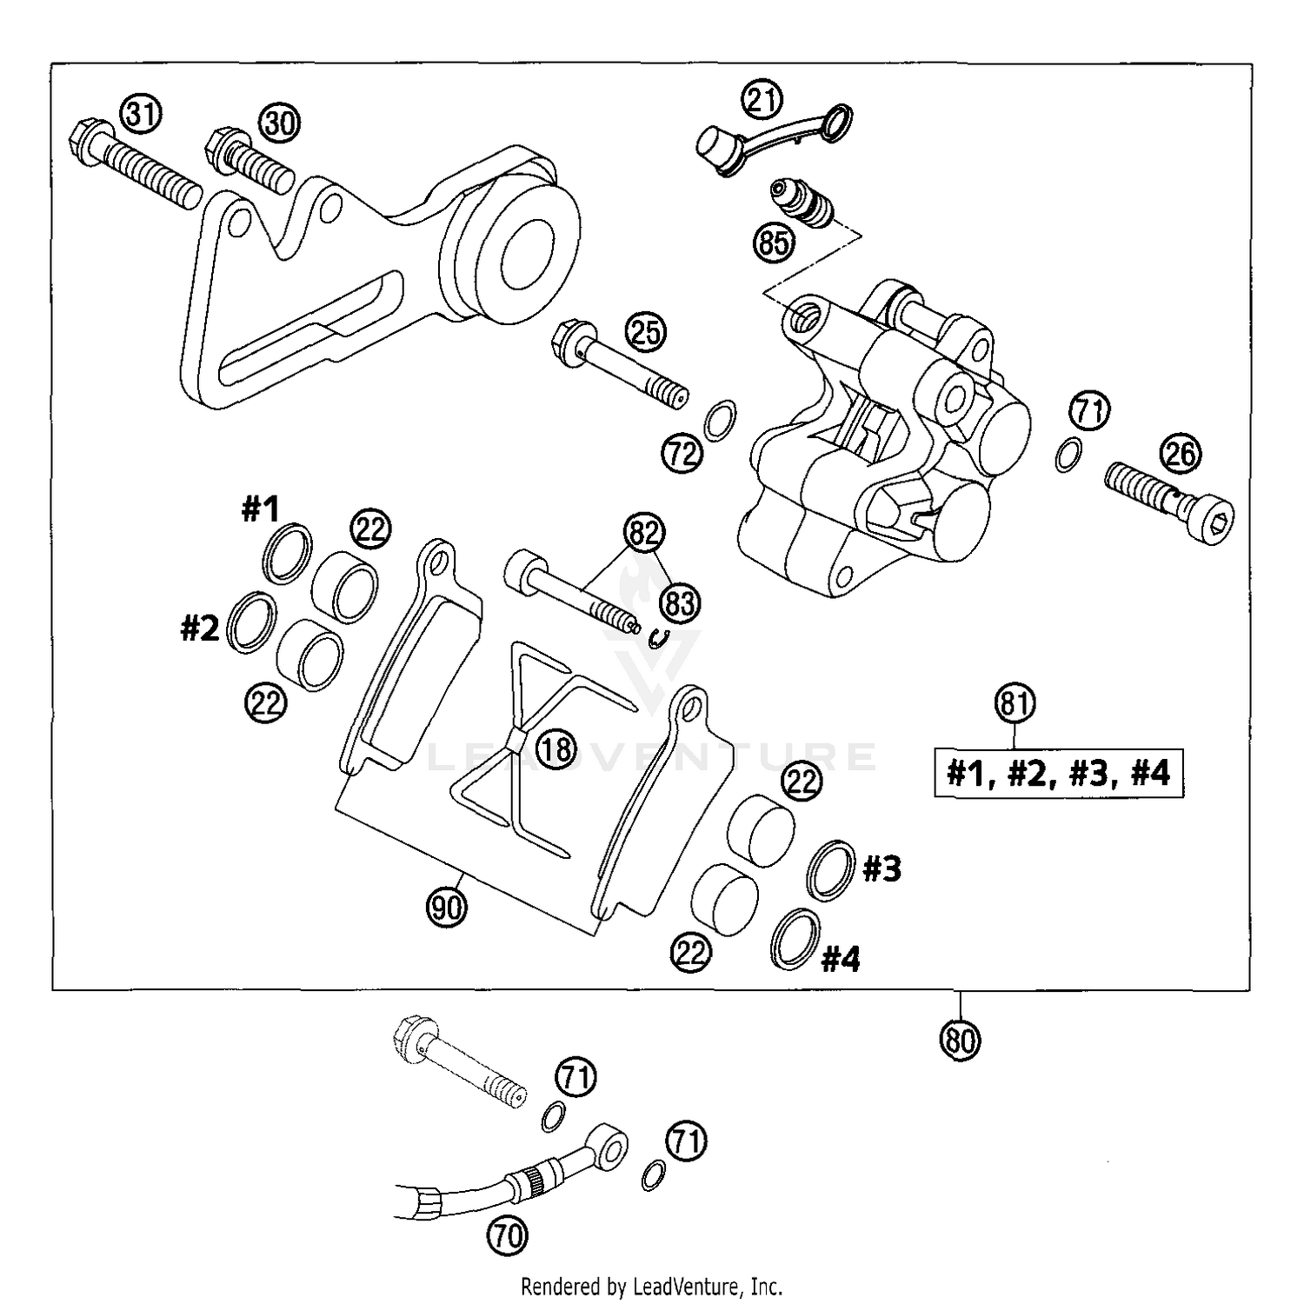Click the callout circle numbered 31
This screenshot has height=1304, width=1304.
coord(141,116)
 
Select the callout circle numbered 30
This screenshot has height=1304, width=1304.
coord(279,123)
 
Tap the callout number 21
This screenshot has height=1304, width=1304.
coord(762,100)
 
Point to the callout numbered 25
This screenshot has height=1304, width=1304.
coord(645,333)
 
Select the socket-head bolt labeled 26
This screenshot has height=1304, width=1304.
coord(1169,504)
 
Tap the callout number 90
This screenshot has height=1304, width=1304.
coord(447,908)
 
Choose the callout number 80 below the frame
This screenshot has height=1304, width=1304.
coord(960,1039)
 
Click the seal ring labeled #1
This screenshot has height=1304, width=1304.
coord(287,553)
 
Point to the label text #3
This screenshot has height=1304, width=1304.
coord(882,868)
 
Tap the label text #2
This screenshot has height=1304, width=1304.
coord(200,628)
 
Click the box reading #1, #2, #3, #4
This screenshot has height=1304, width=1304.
coord(1058,772)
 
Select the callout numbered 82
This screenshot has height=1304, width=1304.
coord(644,533)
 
